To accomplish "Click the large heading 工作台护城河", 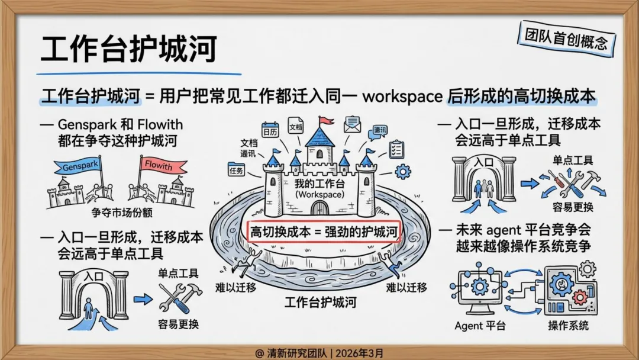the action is pos(128,48).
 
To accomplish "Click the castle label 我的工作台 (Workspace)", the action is pos(319,188).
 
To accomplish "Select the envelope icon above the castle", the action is pos(353,124).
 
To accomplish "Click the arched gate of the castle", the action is pos(319,208).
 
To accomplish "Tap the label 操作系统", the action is pos(568,325).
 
